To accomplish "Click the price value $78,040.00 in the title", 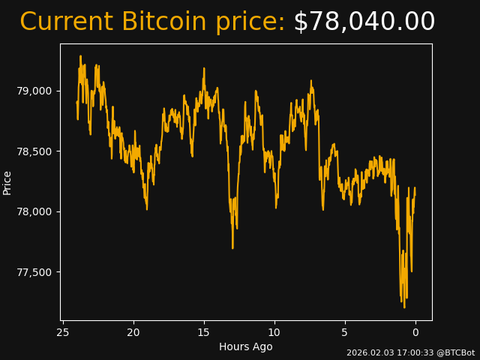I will click(364, 22).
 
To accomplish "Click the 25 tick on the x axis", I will click(63, 332).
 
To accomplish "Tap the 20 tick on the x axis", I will click(133, 332).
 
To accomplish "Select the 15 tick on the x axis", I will click(204, 332).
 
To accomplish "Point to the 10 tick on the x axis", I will click(274, 332).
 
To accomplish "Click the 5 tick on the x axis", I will click(345, 332).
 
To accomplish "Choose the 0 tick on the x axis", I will click(415, 332).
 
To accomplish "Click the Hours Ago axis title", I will click(246, 346).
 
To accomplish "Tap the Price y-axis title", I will click(7, 182).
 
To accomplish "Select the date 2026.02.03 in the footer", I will click(367, 352).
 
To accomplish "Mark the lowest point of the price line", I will click(404, 307).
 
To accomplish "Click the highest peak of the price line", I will click(81, 56).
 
